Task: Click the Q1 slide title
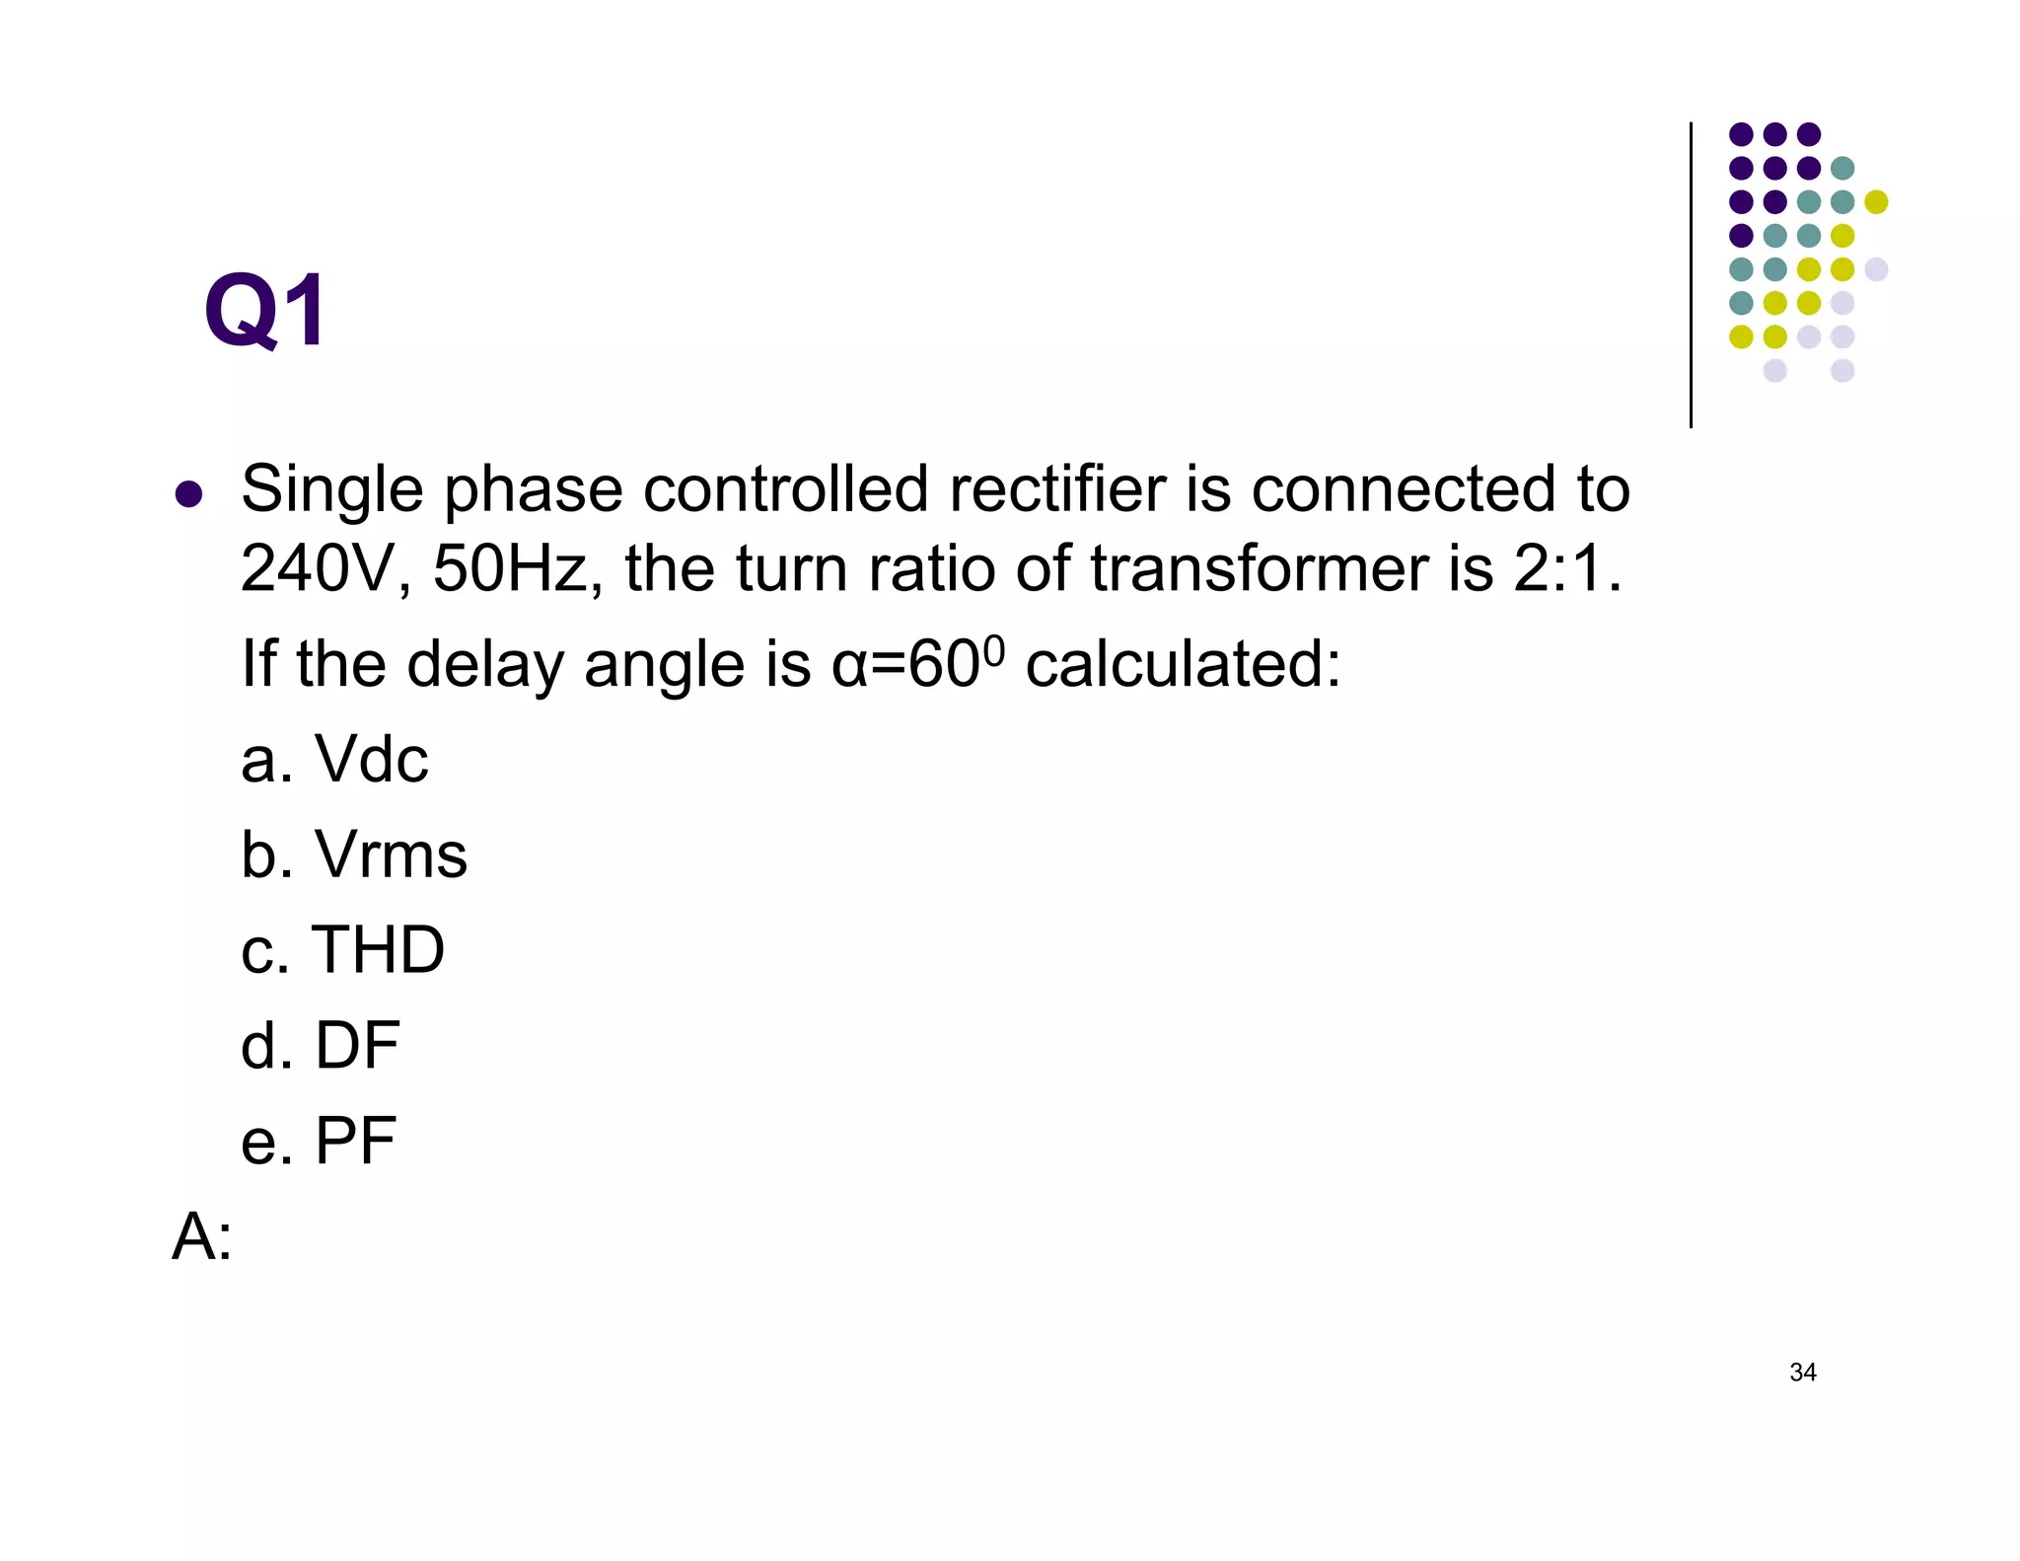click(264, 312)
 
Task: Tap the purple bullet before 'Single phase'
click(188, 493)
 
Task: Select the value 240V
click(315, 569)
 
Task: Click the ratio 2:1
click(1566, 569)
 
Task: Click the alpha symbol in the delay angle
click(847, 665)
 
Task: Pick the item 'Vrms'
click(390, 855)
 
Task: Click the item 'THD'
click(378, 950)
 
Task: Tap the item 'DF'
click(356, 1046)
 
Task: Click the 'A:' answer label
click(202, 1236)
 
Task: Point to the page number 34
click(1802, 1373)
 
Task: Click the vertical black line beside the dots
click(1691, 276)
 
